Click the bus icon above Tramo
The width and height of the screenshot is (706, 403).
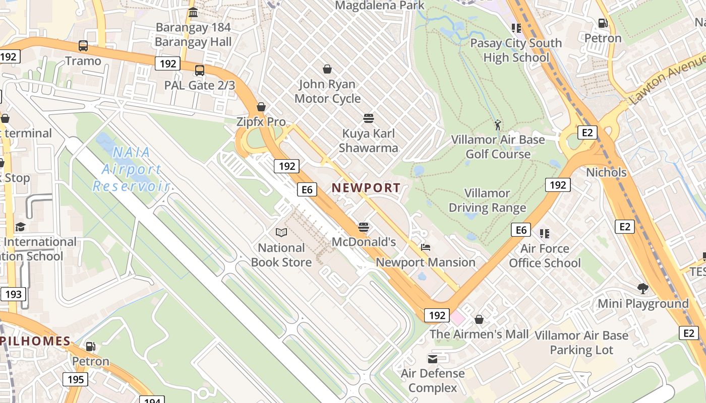(x=83, y=46)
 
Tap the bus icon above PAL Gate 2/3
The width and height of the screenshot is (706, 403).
(x=200, y=70)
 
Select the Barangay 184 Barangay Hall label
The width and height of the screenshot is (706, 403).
(x=193, y=34)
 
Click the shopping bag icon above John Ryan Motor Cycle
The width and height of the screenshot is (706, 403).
(x=327, y=69)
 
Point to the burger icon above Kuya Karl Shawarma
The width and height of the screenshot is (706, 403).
(x=369, y=118)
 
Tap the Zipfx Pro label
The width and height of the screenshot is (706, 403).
(x=261, y=121)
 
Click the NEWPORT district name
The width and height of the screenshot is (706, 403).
(x=366, y=188)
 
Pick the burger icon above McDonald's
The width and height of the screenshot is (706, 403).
(x=364, y=227)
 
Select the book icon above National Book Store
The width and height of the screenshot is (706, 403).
(x=281, y=232)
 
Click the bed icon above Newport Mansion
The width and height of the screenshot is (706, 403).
(x=426, y=247)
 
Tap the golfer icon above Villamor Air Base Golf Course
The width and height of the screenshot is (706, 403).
(x=498, y=124)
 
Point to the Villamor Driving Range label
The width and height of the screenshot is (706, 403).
(x=487, y=200)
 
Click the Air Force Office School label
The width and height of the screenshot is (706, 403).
(x=545, y=255)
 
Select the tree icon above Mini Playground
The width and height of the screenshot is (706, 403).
(x=642, y=289)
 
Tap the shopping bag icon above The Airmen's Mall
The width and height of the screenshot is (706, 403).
(x=479, y=319)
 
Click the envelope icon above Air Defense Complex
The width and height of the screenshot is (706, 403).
(x=433, y=359)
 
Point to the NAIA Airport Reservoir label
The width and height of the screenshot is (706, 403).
(x=131, y=169)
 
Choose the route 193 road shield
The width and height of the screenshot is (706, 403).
(x=13, y=294)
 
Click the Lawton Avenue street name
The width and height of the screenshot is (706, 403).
(x=667, y=79)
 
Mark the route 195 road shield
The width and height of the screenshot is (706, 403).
(x=76, y=379)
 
